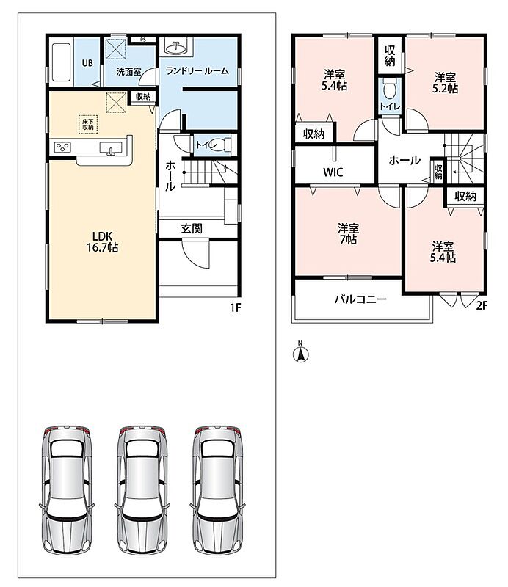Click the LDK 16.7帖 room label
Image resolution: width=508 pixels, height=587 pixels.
tap(102, 242)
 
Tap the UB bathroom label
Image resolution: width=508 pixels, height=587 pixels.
tap(87, 63)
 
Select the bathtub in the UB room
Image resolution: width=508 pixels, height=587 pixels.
tap(62, 62)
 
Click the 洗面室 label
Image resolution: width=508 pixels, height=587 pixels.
tap(128, 71)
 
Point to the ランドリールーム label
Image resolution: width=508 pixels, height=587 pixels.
tap(197, 70)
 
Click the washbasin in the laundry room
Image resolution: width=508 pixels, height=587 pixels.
tap(176, 48)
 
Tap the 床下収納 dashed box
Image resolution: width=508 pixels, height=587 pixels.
tap(88, 124)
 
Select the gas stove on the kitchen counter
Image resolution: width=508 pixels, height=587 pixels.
tap(62, 147)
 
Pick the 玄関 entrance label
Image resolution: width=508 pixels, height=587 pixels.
tap(192, 228)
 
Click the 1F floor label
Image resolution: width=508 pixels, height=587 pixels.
tap(235, 307)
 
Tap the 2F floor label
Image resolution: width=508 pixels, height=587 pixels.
tap(482, 305)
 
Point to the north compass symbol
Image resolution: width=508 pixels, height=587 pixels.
tap(300, 353)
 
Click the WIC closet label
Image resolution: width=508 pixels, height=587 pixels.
tap(333, 172)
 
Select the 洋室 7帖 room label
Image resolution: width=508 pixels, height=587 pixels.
tap(348, 233)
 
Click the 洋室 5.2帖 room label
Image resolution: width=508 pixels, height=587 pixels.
tap(445, 83)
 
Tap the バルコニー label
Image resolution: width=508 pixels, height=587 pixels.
tap(360, 299)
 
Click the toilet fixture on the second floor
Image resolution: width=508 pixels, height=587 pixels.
tap(390, 89)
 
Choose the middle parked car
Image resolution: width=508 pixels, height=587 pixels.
tap(142, 490)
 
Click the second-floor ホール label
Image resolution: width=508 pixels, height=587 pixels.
tap(404, 160)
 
